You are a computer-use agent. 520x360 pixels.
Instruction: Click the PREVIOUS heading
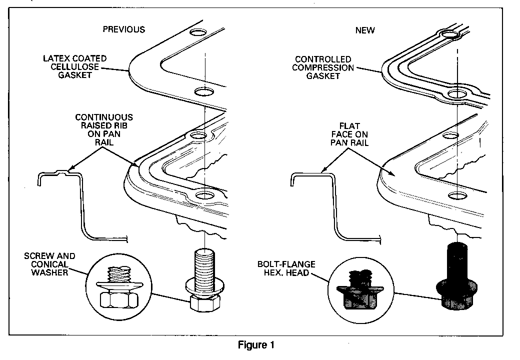123,29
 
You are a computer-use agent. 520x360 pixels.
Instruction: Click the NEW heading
365,30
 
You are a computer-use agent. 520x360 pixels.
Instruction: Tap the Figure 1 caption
256,345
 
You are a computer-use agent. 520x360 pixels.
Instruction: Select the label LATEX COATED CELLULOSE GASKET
75,66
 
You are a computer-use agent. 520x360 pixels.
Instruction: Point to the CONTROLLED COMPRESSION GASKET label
323,67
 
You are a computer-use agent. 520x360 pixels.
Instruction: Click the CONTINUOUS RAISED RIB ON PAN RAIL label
104,129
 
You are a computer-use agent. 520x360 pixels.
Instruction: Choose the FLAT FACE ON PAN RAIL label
349,134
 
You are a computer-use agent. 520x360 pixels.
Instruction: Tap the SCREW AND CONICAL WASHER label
49,264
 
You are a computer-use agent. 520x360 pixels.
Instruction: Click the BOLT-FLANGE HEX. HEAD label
286,268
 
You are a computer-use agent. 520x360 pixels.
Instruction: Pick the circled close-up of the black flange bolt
361,289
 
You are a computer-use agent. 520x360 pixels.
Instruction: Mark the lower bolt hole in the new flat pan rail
457,195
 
